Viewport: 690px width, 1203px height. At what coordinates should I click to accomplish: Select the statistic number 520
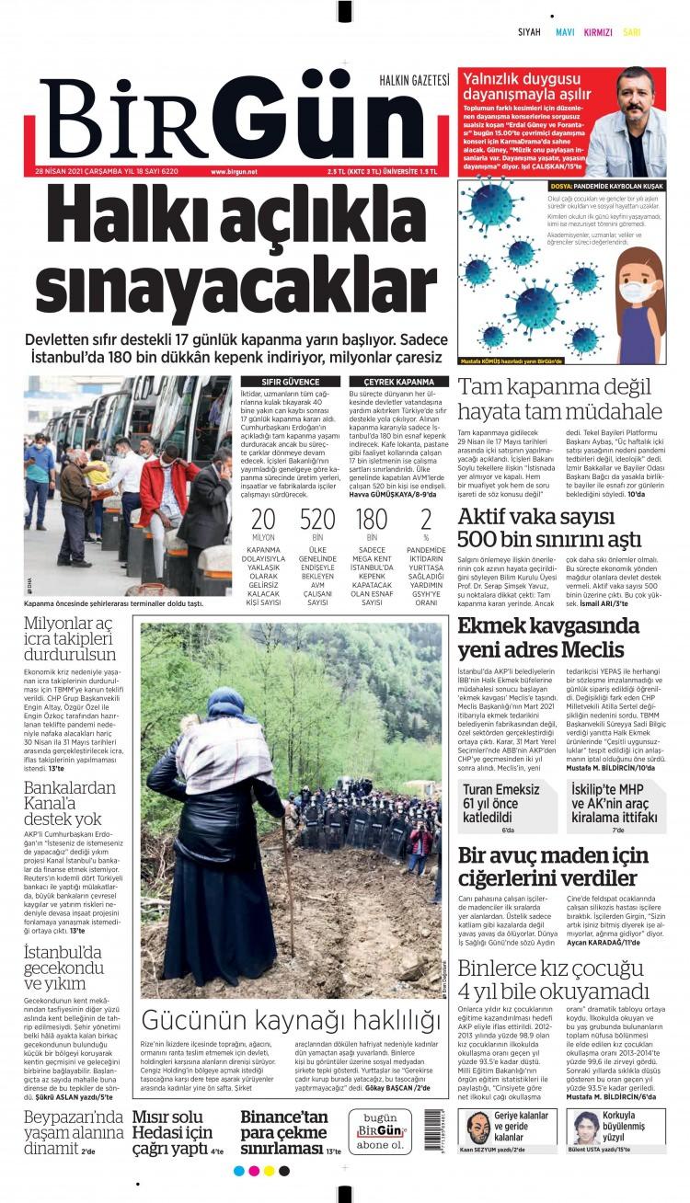(317, 520)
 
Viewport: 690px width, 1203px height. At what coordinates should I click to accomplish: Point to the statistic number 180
(372, 520)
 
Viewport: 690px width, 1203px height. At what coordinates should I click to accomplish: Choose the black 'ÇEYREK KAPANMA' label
(398, 382)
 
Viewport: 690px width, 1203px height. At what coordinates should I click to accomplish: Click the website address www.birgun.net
(234, 172)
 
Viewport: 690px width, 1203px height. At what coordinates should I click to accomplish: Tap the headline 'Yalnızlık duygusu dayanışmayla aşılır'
(522, 88)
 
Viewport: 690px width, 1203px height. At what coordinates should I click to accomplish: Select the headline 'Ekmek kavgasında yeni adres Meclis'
(549, 638)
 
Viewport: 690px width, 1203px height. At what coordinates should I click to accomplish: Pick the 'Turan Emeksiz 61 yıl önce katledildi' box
(508, 805)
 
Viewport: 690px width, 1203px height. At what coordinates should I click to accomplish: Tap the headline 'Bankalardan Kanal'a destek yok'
(70, 803)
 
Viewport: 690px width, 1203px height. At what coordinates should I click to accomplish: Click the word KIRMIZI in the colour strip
(598, 32)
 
